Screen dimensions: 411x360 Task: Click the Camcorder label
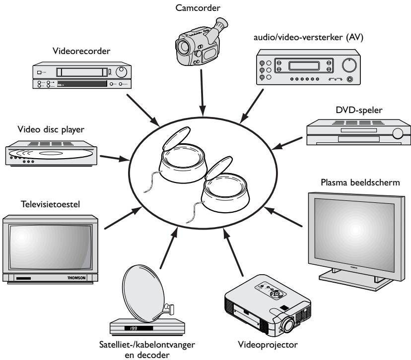pyautogui.click(x=198, y=8)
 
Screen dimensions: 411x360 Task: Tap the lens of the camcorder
pyautogui.click(x=183, y=46)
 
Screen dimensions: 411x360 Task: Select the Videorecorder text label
pyautogui.click(x=81, y=51)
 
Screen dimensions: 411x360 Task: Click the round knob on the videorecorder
pyautogui.click(x=121, y=72)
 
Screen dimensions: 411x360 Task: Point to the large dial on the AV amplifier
pyautogui.click(x=349, y=65)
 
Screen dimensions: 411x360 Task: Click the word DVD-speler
pyautogui.click(x=359, y=110)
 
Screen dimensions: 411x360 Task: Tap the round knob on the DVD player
pyautogui.click(x=398, y=133)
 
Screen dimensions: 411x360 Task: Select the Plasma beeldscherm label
pyautogui.click(x=360, y=182)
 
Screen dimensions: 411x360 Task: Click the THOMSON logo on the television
pyautogui.click(x=76, y=278)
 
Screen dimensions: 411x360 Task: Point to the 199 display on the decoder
pyautogui.click(x=134, y=328)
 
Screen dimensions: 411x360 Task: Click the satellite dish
pyautogui.click(x=143, y=293)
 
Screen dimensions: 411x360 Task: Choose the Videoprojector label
pyautogui.click(x=268, y=344)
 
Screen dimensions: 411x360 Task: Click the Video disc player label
pyautogui.click(x=51, y=129)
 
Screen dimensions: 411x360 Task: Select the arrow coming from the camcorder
pyautogui.click(x=202, y=92)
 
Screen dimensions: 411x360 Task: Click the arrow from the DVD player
pyautogui.click(x=287, y=143)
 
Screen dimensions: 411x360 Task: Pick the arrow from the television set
pyautogui.click(x=123, y=218)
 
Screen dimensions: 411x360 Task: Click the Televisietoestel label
pyautogui.click(x=50, y=204)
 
